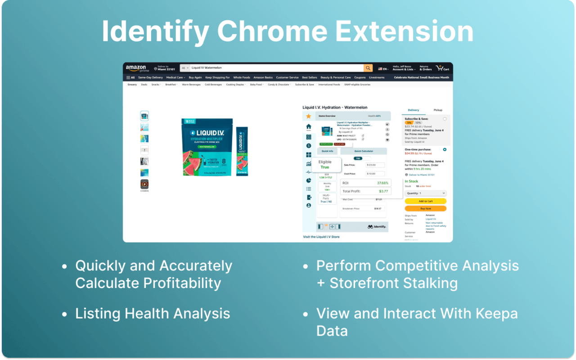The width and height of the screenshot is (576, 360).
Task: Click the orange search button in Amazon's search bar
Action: click(368, 68)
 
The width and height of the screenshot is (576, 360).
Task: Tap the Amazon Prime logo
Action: click(136, 68)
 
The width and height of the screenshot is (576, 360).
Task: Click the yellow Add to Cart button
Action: click(425, 201)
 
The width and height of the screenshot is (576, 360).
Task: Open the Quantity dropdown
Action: click(425, 193)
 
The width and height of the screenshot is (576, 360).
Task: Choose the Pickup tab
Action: click(437, 110)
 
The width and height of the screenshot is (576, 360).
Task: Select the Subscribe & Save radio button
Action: click(445, 119)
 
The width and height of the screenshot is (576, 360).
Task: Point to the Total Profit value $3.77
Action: click(383, 191)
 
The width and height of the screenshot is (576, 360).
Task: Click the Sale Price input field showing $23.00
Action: click(375, 165)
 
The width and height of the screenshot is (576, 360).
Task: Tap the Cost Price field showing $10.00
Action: click(375, 174)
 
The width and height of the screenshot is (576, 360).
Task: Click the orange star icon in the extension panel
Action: click(309, 116)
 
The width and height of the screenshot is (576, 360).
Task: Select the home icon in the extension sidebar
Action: click(309, 127)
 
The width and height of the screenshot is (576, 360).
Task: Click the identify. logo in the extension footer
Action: click(377, 227)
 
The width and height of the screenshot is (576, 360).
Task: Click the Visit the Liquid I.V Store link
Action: click(321, 237)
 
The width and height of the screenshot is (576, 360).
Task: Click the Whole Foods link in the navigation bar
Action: click(241, 77)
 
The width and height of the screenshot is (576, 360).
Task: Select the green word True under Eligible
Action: click(324, 167)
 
